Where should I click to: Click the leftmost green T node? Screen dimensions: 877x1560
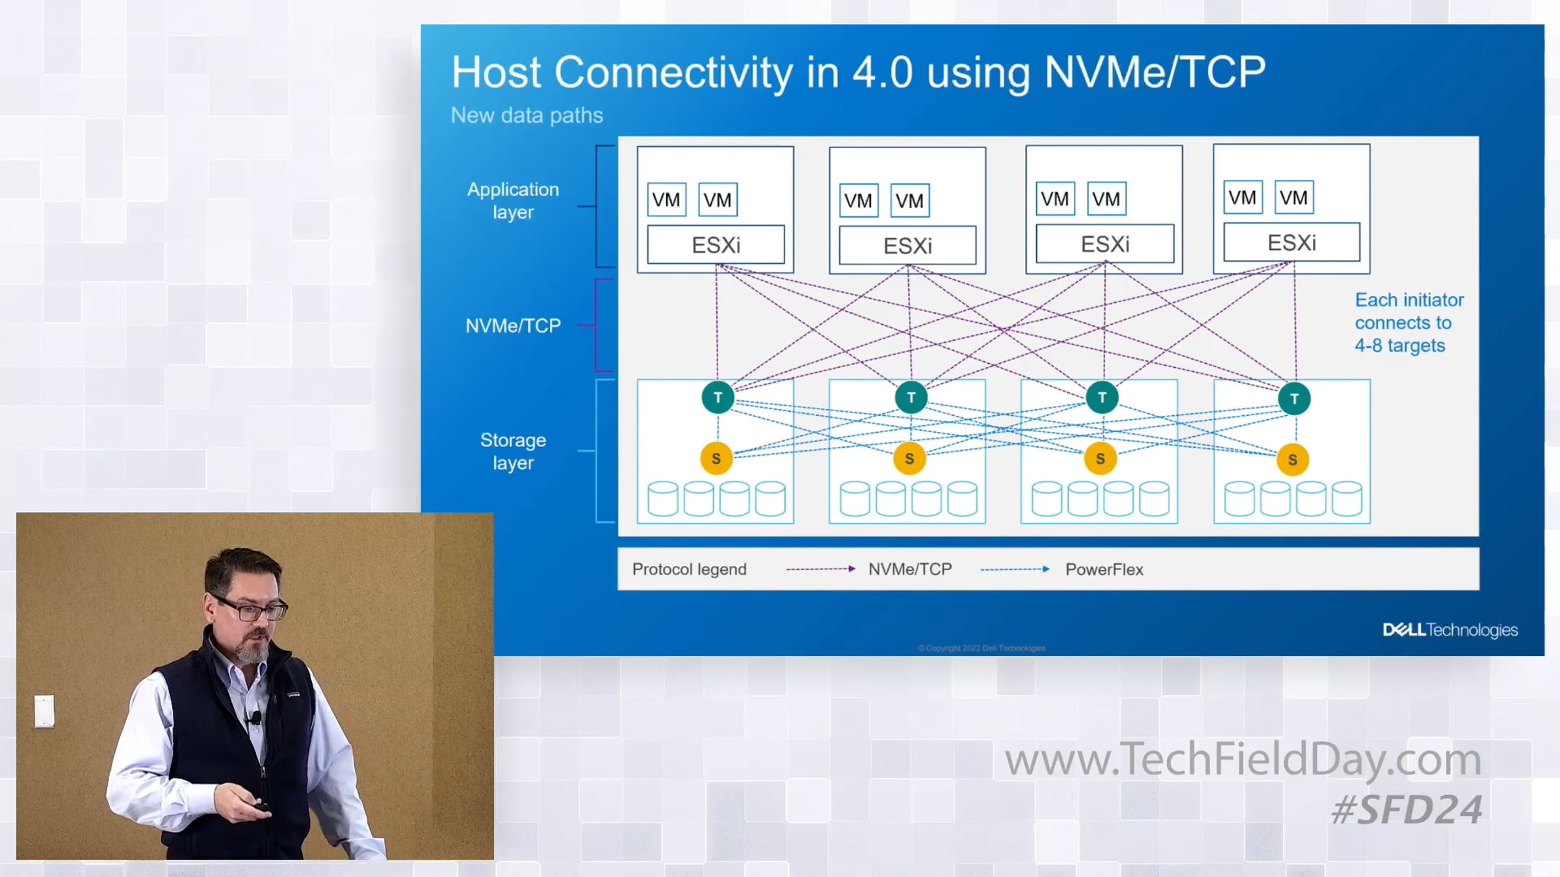pos(718,398)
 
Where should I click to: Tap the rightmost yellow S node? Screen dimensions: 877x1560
pos(1292,460)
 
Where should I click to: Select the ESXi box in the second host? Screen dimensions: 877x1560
pos(907,246)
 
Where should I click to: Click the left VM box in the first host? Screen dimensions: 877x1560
pos(666,200)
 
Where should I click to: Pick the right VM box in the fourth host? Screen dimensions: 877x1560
pos(1293,197)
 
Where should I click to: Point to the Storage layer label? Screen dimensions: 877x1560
pos(513,451)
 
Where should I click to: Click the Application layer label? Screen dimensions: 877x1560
pos(513,201)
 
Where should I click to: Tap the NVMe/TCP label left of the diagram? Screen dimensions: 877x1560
pos(513,325)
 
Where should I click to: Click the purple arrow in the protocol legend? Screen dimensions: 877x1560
pos(820,569)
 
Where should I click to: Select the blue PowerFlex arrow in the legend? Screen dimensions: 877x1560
pos(1014,569)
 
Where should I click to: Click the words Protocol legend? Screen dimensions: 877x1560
pos(689,569)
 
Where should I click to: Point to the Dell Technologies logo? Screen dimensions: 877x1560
pos(1449,629)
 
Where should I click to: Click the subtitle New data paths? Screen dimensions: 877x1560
pos(526,115)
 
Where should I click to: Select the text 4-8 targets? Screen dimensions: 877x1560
pos(1399,346)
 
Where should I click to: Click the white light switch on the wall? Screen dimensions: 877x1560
pos(44,711)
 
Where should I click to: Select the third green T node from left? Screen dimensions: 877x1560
pos(1102,398)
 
